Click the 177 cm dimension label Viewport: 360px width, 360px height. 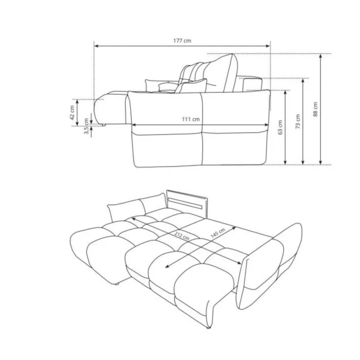pyautogui.click(x=182, y=41)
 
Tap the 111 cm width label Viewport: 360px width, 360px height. pyautogui.click(x=191, y=119)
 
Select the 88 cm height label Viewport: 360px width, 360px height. pyautogui.click(x=315, y=109)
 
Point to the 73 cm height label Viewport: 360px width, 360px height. pyautogui.click(x=298, y=121)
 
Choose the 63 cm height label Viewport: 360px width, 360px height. pyautogui.click(x=280, y=127)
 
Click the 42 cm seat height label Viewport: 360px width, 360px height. pyautogui.click(x=72, y=113)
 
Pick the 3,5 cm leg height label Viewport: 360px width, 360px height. pyautogui.click(x=86, y=126)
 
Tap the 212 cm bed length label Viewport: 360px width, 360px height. pyautogui.click(x=182, y=236)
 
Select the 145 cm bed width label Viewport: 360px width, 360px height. pyautogui.click(x=218, y=233)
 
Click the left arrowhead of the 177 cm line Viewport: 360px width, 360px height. pyautogui.click(x=97, y=46)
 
